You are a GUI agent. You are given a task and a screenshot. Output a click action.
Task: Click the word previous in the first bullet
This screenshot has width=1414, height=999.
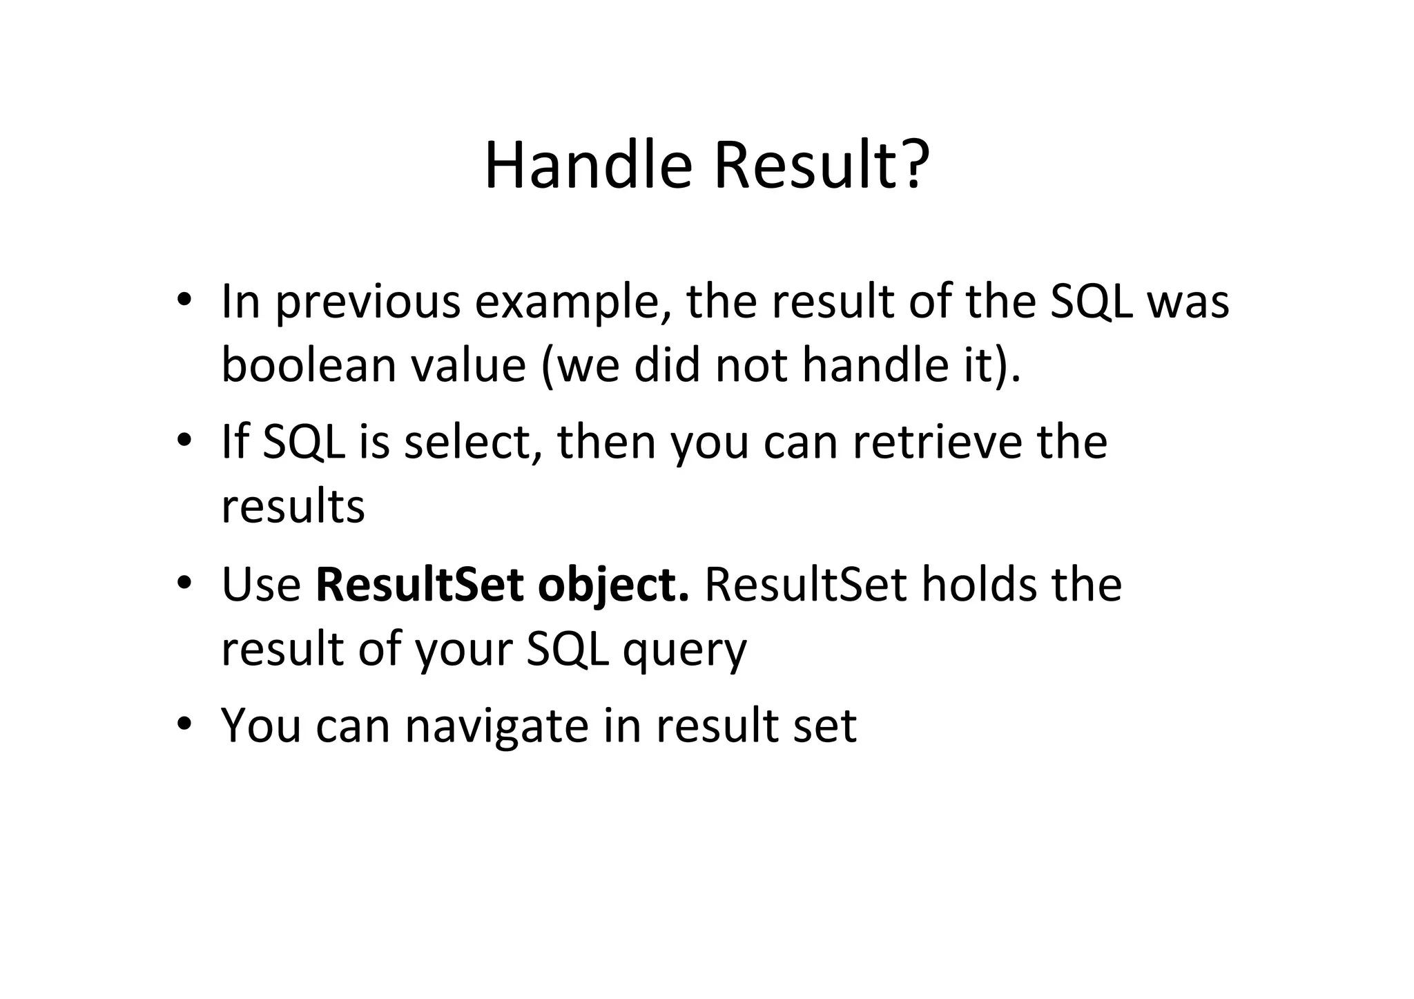click(x=367, y=304)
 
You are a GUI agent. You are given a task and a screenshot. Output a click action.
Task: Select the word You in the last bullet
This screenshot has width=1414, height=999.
click(x=260, y=726)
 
